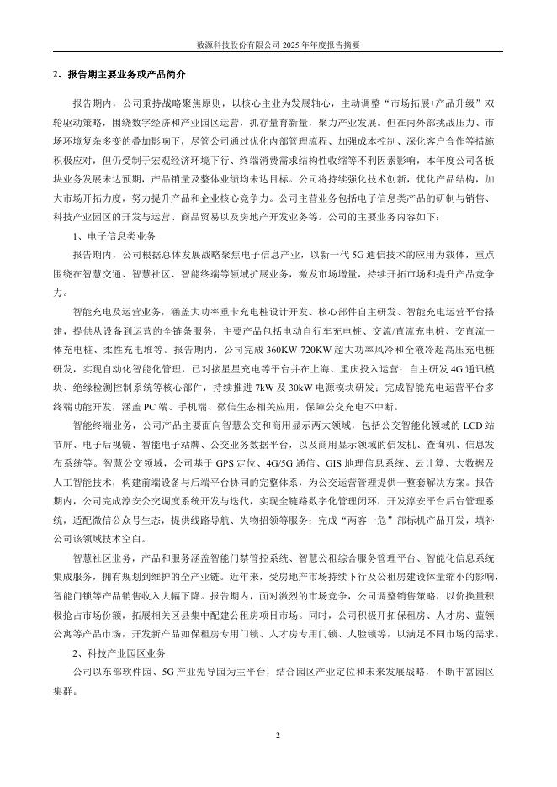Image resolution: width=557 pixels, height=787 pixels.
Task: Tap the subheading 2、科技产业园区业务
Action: [x=117, y=652]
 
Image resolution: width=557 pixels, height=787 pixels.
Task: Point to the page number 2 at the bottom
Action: [x=278, y=736]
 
